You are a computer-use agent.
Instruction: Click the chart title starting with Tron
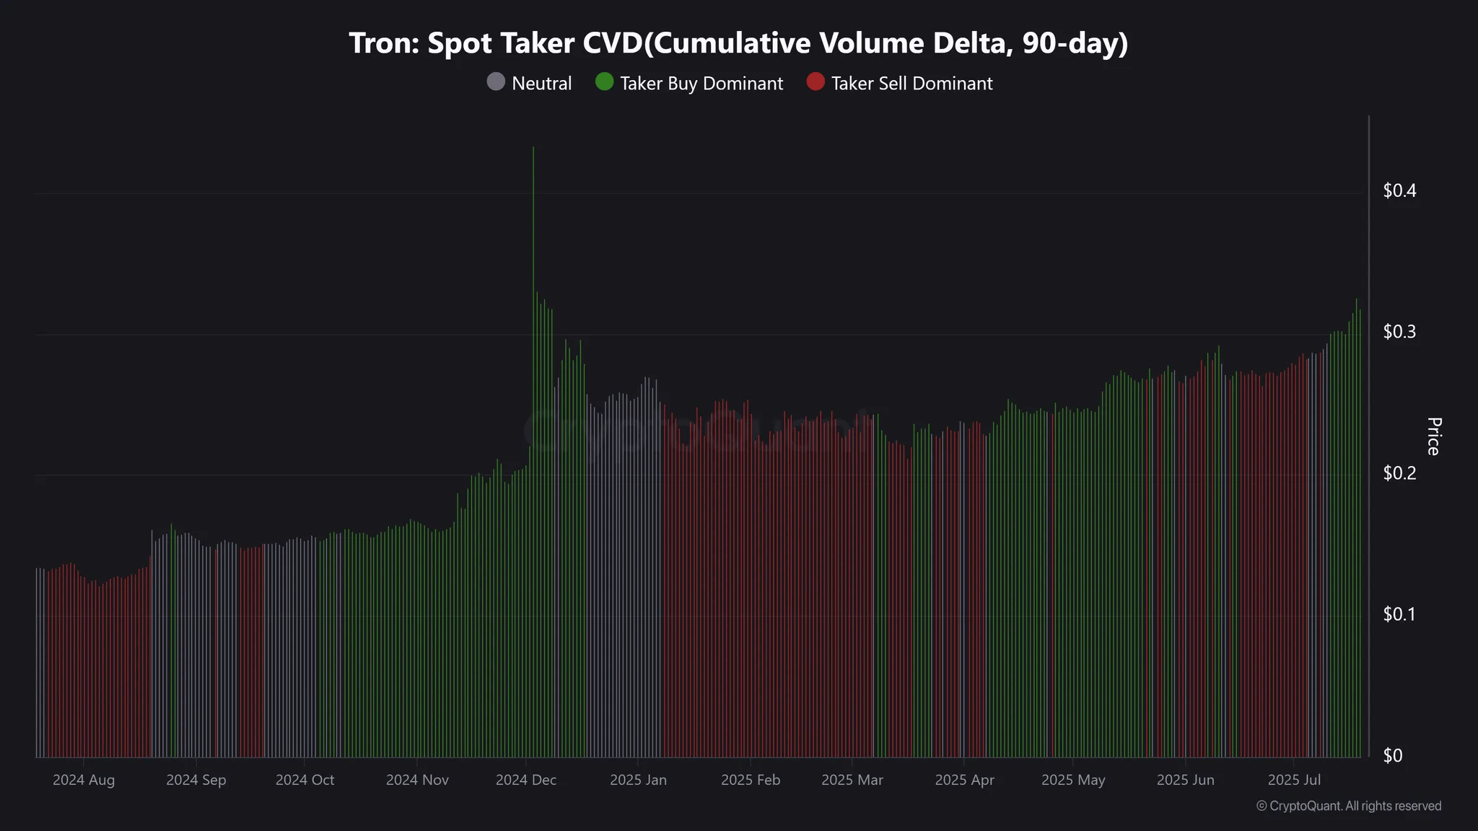[738, 43]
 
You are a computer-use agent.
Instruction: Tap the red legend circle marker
[815, 82]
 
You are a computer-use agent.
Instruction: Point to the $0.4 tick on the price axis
[1399, 190]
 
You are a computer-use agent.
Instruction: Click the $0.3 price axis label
[1399, 332]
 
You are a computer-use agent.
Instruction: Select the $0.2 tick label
[1399, 473]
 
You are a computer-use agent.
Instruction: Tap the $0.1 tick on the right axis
[1399, 615]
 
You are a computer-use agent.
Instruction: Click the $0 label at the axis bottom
[1393, 755]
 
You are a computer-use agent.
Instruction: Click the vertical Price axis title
[1433, 436]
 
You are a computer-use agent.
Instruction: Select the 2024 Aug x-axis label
[84, 781]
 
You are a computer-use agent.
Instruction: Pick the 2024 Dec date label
[526, 781]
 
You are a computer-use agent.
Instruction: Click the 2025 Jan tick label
[638, 781]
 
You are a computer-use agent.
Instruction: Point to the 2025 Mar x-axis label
[852, 781]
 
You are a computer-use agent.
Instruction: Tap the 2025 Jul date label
[1294, 781]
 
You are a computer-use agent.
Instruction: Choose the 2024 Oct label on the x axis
[305, 781]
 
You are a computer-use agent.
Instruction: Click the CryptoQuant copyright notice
[1349, 806]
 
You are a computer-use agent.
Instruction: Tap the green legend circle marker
[605, 82]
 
